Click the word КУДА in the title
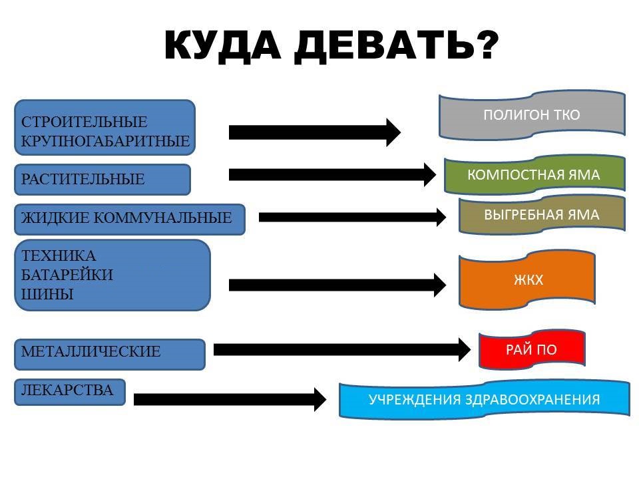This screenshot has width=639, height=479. pos(222,46)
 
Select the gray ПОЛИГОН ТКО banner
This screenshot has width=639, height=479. pos(532,115)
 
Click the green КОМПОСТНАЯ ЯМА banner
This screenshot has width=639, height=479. pos(534,175)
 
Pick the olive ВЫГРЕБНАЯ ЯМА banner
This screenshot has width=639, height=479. pos(542,215)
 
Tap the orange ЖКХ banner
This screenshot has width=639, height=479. pos(527,280)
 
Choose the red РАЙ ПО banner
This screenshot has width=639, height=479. pos(532,349)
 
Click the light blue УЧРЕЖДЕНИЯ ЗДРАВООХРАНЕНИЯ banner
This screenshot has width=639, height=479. pos(484,399)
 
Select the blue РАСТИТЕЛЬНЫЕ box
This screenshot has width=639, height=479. pos(103,179)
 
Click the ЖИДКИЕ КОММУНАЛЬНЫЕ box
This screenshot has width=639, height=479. pos(130,219)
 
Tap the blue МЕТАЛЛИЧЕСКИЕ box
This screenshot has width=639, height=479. pos(110,354)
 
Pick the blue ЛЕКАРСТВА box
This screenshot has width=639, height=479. pos(70,392)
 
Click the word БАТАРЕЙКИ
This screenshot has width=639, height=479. pos(67,275)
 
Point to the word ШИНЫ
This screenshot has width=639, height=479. pos(47,294)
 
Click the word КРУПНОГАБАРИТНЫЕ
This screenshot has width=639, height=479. pos(105,141)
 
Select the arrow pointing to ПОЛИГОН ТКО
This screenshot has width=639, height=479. pos(315,132)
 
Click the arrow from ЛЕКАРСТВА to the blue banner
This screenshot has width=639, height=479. pos(230,399)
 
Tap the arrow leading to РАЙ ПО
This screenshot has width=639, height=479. pos(342,349)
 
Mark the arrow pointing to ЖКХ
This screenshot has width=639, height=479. pos(337,285)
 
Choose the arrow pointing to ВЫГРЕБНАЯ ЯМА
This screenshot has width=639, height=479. pos(353,217)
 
